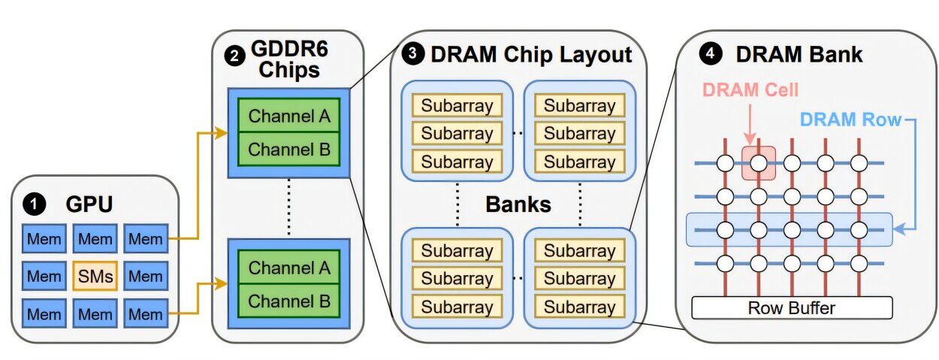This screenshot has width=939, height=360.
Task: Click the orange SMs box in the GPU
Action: point(95,276)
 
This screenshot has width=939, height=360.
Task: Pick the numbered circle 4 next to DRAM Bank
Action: point(708,53)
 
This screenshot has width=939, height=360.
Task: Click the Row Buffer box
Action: point(791,307)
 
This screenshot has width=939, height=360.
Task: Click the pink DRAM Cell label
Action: point(750,90)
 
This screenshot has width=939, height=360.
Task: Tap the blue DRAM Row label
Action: point(850,119)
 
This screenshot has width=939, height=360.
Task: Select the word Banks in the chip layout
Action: point(518,203)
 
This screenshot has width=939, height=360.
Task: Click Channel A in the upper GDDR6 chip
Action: point(289,116)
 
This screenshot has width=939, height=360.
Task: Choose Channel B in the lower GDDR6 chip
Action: point(289,301)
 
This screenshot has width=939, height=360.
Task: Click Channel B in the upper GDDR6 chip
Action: point(289,149)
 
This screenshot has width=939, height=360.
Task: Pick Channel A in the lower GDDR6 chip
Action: point(289,268)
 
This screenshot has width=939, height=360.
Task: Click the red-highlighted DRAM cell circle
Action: point(759,162)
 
